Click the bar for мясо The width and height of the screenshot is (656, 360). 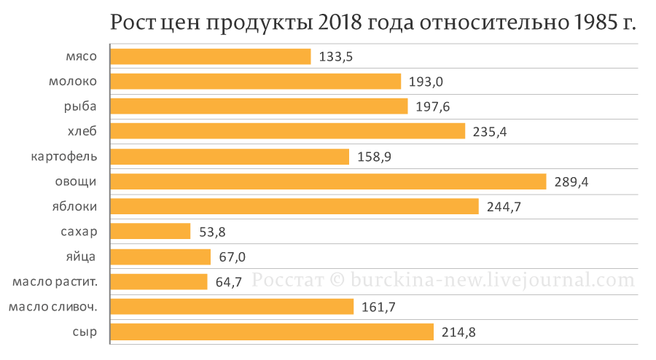pyautogui.click(x=211, y=57)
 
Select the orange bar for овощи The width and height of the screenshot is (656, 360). pyautogui.click(x=328, y=181)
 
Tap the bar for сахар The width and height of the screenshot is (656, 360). pyautogui.click(x=150, y=232)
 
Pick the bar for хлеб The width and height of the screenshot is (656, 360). pyautogui.click(x=288, y=131)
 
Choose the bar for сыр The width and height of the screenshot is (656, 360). pyautogui.click(x=272, y=332)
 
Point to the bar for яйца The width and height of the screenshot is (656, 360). pyautogui.click(x=160, y=257)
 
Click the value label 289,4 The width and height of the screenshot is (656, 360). pyautogui.click(x=571, y=182)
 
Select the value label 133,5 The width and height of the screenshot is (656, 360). pyautogui.click(x=336, y=57)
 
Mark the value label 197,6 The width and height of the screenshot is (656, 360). pyautogui.click(x=433, y=107)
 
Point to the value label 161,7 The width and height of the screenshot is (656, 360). pyautogui.click(x=378, y=307)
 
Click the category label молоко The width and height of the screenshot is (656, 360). pyautogui.click(x=73, y=82)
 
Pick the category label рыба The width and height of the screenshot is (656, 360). pyautogui.click(x=81, y=106)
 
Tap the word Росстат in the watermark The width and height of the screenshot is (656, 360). pyautogui.click(x=284, y=280)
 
